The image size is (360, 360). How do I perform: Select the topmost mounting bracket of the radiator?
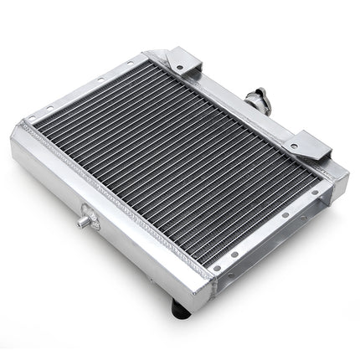pos(179,63)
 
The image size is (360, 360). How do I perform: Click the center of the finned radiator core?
pos(172,167)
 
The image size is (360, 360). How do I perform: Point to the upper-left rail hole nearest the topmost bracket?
pos(134,68)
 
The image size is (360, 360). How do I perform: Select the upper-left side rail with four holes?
pos(84,92)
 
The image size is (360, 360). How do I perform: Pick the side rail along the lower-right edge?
pos(268,243)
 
